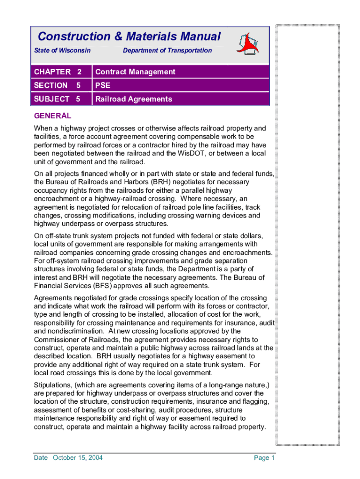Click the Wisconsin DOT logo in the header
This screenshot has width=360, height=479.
click(x=249, y=45)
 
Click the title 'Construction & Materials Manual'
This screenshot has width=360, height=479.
click(x=129, y=36)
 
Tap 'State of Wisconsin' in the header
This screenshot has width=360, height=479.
click(x=63, y=51)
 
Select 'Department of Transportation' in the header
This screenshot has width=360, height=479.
click(x=167, y=51)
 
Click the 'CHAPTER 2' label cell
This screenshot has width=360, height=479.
click(x=58, y=72)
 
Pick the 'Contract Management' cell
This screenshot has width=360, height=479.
click(x=135, y=72)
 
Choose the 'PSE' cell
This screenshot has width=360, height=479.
click(x=103, y=86)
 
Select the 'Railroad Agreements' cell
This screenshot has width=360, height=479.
click(x=134, y=99)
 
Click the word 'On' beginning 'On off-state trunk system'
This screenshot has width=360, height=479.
click(x=39, y=235)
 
